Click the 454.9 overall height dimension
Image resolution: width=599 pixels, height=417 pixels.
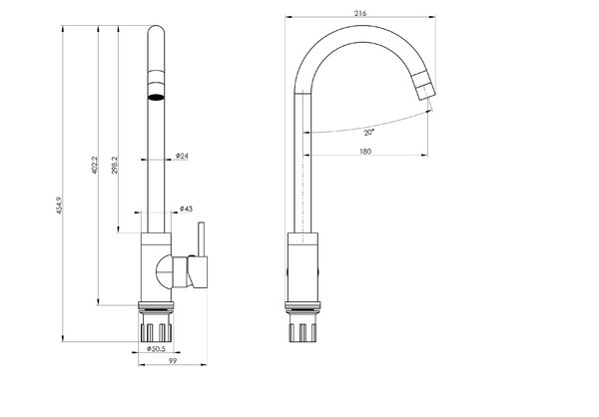click(x=60, y=206)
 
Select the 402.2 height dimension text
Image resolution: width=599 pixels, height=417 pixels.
click(x=95, y=165)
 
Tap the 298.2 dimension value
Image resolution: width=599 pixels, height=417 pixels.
click(x=115, y=165)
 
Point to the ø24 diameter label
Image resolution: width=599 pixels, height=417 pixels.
click(x=182, y=156)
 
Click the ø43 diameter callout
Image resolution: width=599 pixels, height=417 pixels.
click(x=186, y=208)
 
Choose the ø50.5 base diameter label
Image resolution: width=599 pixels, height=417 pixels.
click(x=156, y=348)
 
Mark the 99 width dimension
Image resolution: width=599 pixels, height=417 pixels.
click(x=173, y=361)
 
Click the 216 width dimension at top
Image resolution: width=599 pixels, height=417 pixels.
click(x=360, y=13)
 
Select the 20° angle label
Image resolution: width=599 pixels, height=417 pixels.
click(x=368, y=133)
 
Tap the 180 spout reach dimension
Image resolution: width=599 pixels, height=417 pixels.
click(x=365, y=152)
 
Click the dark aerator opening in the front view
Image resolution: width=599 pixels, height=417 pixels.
click(x=157, y=97)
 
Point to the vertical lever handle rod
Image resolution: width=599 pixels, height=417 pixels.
click(x=201, y=239)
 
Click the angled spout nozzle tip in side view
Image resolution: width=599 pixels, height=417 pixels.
click(x=425, y=86)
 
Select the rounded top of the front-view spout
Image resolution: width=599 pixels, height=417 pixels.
click(x=157, y=31)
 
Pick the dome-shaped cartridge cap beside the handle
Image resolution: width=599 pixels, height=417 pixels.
click(x=165, y=272)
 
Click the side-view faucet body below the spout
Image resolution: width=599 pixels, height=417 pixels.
click(x=302, y=267)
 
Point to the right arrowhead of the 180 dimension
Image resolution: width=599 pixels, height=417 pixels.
click(x=424, y=155)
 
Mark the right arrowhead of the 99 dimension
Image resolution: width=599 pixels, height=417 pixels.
click(x=204, y=365)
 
